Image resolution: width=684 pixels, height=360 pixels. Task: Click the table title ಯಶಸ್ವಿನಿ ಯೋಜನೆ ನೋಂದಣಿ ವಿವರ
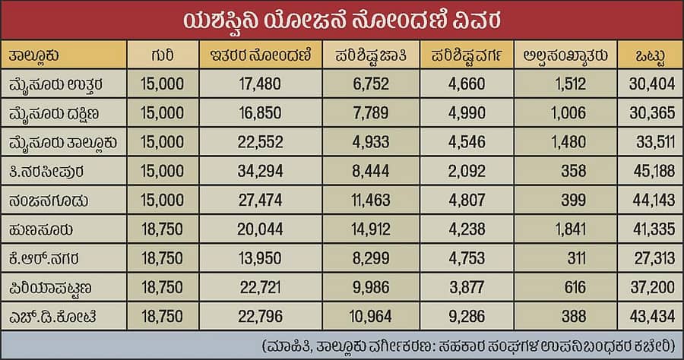coord(341,19)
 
